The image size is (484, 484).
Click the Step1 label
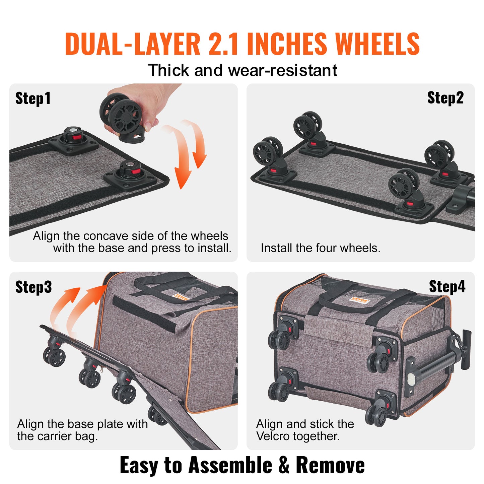pos(33,98)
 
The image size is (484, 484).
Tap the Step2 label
pos(445,98)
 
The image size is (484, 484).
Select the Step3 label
pos(33,287)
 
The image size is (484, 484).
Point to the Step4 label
pos(447,287)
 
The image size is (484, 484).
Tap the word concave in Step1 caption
pos(106,236)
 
